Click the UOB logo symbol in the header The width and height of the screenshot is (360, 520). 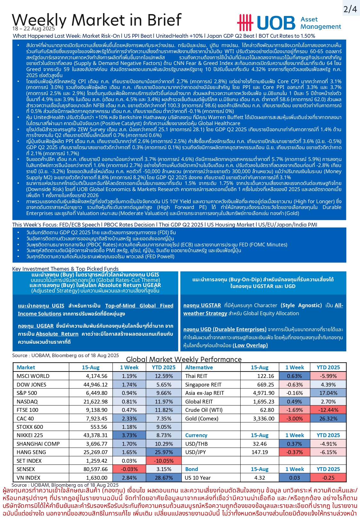pos(245,23)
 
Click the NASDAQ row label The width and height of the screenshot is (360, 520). pos(27,401)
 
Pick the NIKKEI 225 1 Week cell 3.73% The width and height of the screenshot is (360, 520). pos(129,435)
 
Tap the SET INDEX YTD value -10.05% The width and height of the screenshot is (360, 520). pos(164,461)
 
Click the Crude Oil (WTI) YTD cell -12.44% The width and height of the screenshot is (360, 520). pos(328,410)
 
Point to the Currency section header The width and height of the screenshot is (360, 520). pos(196,435)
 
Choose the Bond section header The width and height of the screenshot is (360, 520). pos(192,469)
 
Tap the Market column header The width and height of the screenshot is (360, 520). pos(26,367)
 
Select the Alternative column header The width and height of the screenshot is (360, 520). pos(199,367)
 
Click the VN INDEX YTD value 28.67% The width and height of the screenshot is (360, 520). pos(164,478)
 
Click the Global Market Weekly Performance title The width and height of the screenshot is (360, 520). pos(184,359)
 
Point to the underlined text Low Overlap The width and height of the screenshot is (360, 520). pos(250,345)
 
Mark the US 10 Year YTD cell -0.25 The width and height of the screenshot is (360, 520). pos(328,478)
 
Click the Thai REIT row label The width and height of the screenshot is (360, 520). pos(196,376)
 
